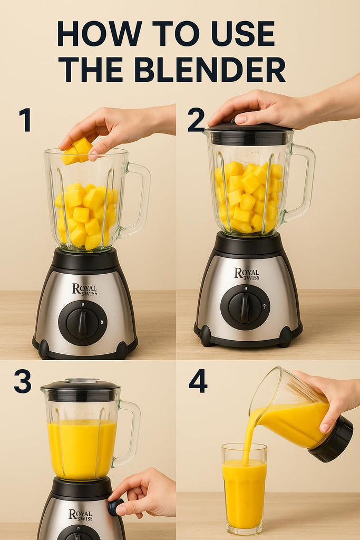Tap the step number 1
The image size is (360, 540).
[x=25, y=120]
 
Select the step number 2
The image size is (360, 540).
[x=197, y=120]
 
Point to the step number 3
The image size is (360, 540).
[x=23, y=381]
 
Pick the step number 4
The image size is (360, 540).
[x=198, y=381]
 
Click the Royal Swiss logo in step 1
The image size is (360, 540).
[x=84, y=290]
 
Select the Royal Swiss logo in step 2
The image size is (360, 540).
[x=247, y=274]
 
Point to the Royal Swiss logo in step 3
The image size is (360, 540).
[x=81, y=515]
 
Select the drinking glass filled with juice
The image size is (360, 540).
[x=244, y=489]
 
